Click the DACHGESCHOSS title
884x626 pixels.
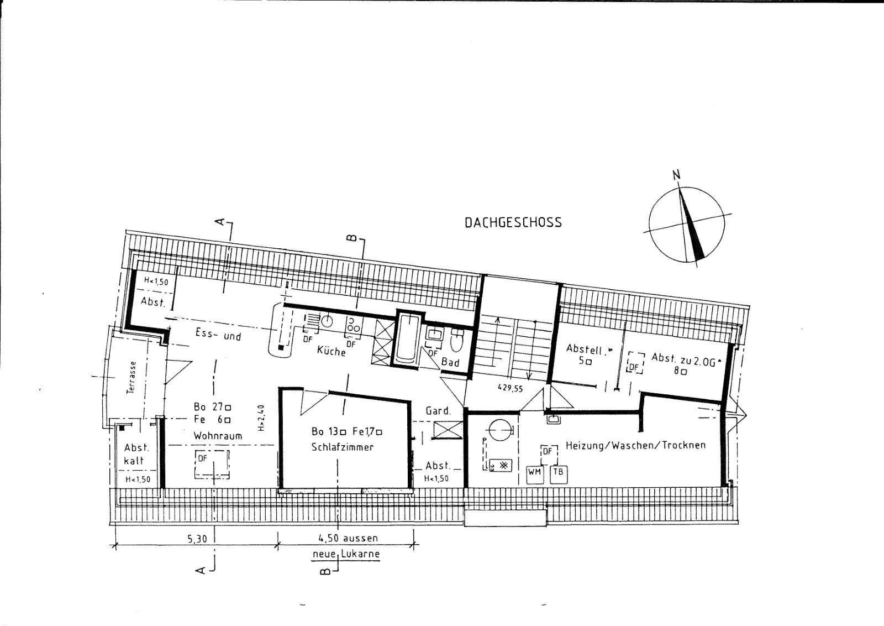click(513, 222)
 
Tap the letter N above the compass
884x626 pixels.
click(676, 175)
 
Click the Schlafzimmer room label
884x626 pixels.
click(342, 447)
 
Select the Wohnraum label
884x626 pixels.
click(218, 436)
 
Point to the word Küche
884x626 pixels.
click(331, 350)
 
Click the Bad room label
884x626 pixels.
click(450, 362)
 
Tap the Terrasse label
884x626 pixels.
click(131, 377)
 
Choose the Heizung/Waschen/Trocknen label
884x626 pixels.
click(635, 445)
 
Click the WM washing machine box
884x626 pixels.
click(535, 475)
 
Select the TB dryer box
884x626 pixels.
click(559, 475)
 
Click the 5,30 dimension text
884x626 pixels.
click(197, 539)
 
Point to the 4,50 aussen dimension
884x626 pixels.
click(348, 538)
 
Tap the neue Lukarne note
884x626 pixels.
click(346, 554)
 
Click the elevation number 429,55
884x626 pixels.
click(511, 388)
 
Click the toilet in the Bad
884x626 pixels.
click(457, 341)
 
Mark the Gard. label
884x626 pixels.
click(438, 411)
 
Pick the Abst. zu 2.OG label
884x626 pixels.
click(683, 360)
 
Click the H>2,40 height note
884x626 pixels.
click(261, 418)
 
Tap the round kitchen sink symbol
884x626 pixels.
click(327, 321)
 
